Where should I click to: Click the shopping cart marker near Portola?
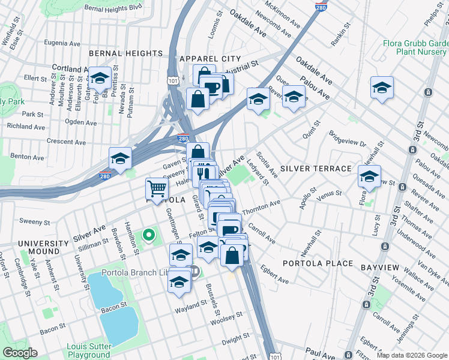pos(157,189)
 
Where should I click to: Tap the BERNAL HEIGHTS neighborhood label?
pos(125,53)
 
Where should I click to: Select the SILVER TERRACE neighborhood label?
pos(315,169)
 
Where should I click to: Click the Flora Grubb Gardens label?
pos(416,48)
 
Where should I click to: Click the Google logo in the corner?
pos(20,352)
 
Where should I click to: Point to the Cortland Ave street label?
pos(70,68)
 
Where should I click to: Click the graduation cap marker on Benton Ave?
pos(120,160)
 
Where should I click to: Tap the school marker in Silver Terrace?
pos(369,177)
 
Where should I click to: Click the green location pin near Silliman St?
pos(149,235)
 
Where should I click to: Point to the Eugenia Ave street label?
pos(62,43)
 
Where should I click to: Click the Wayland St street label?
pos(191,311)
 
